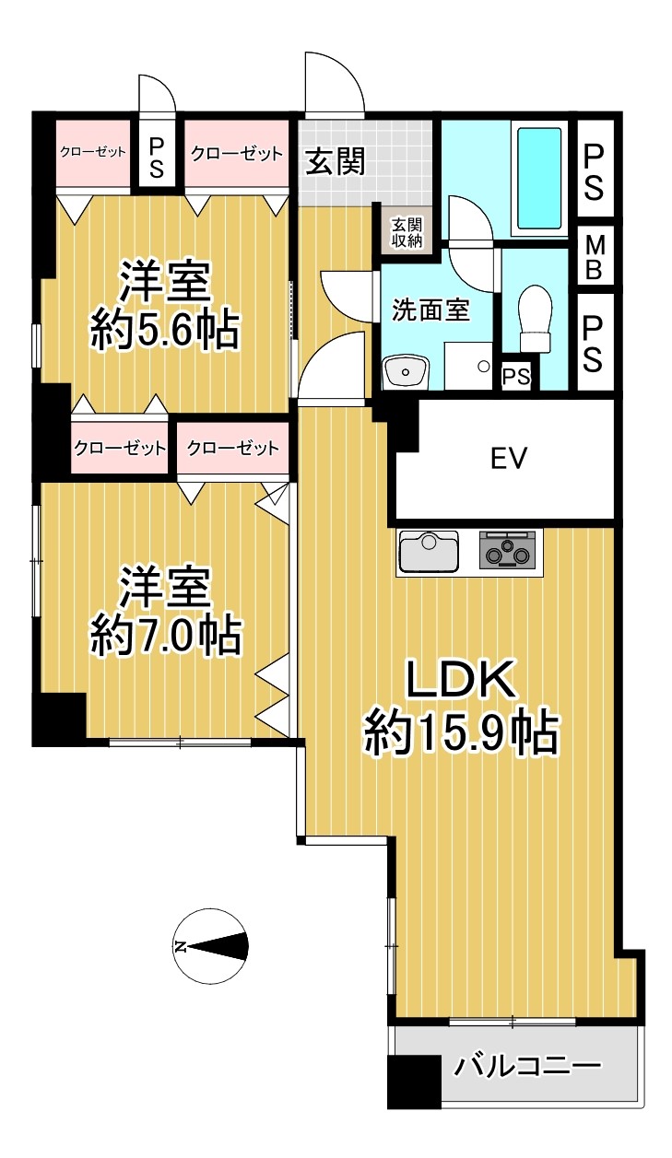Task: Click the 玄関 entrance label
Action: (x=335, y=161)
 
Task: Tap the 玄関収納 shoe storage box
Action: (x=407, y=231)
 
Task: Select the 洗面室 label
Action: (x=430, y=310)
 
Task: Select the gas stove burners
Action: (x=505, y=550)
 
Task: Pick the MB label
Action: (x=595, y=258)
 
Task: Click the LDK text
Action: (x=461, y=679)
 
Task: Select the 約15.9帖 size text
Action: (x=462, y=733)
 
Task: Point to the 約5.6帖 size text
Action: (x=165, y=331)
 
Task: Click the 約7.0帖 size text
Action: (x=165, y=635)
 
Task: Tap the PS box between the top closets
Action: (x=156, y=154)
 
